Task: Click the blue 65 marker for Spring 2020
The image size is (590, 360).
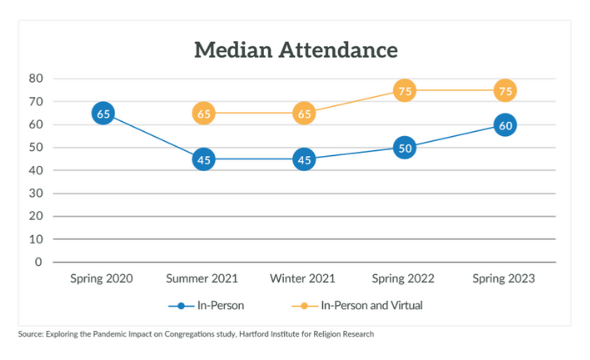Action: pos(103,114)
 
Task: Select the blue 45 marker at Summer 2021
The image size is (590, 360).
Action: pos(203,159)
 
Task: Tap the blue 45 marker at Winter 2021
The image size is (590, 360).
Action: pos(304,159)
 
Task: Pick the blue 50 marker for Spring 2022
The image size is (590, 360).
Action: pos(405,148)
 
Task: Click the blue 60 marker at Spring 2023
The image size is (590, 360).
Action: pos(505,125)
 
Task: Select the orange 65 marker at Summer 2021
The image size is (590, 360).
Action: pos(203,114)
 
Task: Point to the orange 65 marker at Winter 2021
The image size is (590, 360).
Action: pos(304,114)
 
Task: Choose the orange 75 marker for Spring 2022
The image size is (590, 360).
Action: pos(405,91)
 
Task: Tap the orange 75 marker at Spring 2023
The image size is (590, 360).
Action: pos(505,91)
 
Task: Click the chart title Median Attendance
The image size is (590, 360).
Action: pos(296,50)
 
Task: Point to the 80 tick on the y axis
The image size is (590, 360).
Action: pos(36,79)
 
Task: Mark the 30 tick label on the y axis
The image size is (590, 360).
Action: pos(36,193)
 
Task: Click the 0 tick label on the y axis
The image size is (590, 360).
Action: pos(38,262)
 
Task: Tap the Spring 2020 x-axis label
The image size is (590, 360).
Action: pos(102,278)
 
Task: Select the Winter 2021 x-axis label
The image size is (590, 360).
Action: pos(303,278)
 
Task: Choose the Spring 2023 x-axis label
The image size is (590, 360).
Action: pos(504,278)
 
